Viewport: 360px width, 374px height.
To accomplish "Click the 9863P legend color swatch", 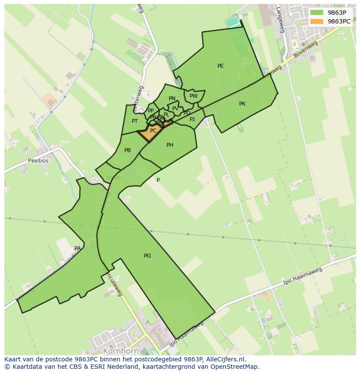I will tap(317, 13).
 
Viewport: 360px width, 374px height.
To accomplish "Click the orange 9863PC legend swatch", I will tap(317, 21).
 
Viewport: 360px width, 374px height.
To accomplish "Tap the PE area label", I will tap(220, 66).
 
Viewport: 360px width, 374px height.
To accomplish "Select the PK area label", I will tap(242, 104).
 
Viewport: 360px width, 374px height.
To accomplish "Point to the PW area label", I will tap(193, 96).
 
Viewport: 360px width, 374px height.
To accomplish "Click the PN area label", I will tap(172, 99).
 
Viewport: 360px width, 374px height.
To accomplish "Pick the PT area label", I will tap(135, 121).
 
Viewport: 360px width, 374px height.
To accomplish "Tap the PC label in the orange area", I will tap(153, 131).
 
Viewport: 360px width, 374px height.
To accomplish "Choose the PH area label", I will tap(170, 145).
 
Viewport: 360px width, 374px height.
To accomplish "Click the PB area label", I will tap(127, 150).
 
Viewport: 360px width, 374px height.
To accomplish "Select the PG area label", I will tap(147, 256).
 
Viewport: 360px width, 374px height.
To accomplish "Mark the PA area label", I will tap(77, 248).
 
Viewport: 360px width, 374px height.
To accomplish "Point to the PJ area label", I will tap(192, 119).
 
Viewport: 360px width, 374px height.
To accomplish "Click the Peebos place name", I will tap(38, 160).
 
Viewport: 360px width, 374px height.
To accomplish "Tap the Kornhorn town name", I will tap(121, 351).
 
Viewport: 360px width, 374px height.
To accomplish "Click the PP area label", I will tap(151, 111).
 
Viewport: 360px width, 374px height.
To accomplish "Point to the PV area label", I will tap(175, 109).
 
